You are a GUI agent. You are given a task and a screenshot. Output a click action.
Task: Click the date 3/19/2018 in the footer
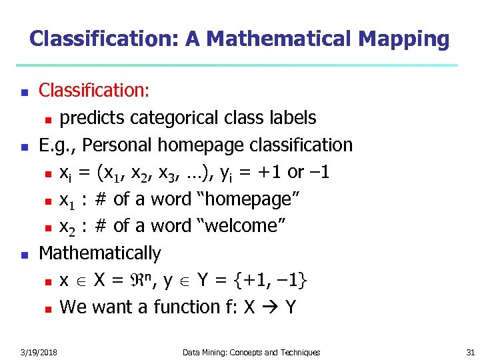(x=39, y=352)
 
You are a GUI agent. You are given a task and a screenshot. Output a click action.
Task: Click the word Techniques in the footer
(x=297, y=352)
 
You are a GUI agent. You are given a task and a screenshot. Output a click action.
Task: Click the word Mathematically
(x=100, y=253)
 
